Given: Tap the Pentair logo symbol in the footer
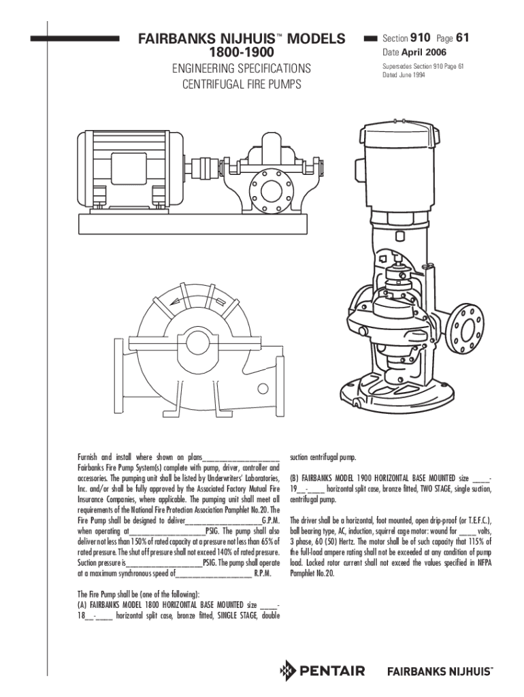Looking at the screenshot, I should pos(288,671).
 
